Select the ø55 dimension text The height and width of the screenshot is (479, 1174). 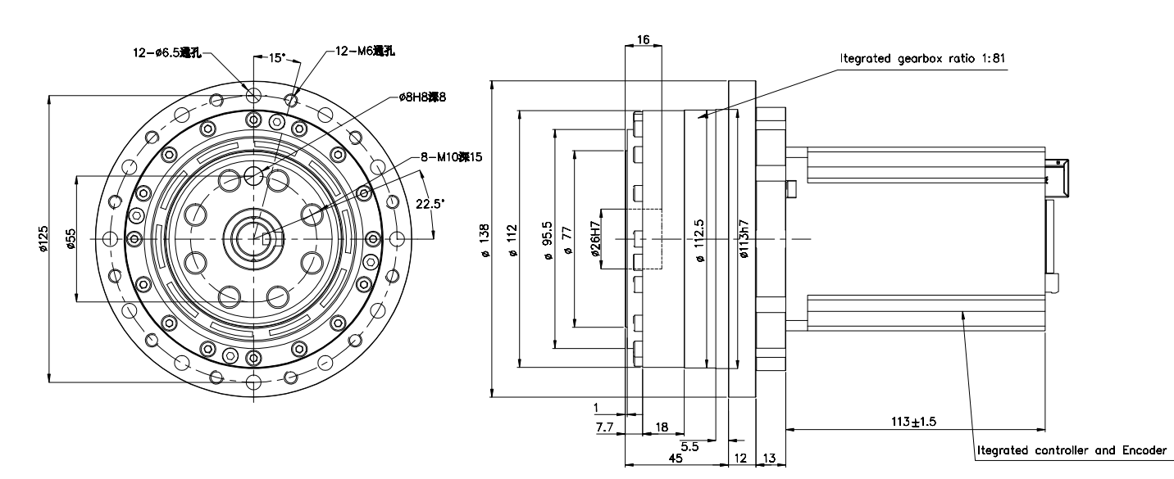pos(71,238)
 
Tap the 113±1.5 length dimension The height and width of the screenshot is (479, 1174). pos(913,422)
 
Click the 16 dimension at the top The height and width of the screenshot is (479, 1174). pos(643,38)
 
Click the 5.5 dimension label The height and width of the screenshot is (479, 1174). pos(689,447)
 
